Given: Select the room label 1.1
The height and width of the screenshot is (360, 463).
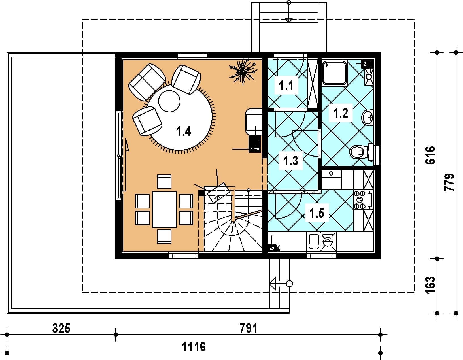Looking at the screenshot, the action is pos(286,86).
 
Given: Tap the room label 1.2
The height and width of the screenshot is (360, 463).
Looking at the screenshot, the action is pos(341,113).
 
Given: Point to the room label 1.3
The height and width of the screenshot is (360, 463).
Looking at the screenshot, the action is pos(291,161).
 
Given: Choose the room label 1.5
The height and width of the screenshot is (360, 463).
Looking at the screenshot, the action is pos(317,213).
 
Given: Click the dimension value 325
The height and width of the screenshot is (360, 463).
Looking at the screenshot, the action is pos(61,328).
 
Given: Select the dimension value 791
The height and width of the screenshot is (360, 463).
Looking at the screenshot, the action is pos(249,328).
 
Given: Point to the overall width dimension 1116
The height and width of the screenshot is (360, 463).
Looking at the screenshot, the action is pos(194,347).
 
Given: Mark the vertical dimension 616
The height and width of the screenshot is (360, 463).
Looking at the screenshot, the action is pos(430,155).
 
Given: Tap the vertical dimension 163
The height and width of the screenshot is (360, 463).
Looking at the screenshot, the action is pos(430,285).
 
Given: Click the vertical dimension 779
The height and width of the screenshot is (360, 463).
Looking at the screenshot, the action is pos(449,183).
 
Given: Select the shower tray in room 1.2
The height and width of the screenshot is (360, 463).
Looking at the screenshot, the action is pos(334,73).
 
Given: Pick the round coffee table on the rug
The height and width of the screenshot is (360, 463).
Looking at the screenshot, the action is pos(169,101).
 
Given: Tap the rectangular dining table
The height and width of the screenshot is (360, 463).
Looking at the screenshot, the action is pos(164,210).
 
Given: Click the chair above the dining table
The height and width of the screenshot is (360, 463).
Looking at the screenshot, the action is pos(164,182).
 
